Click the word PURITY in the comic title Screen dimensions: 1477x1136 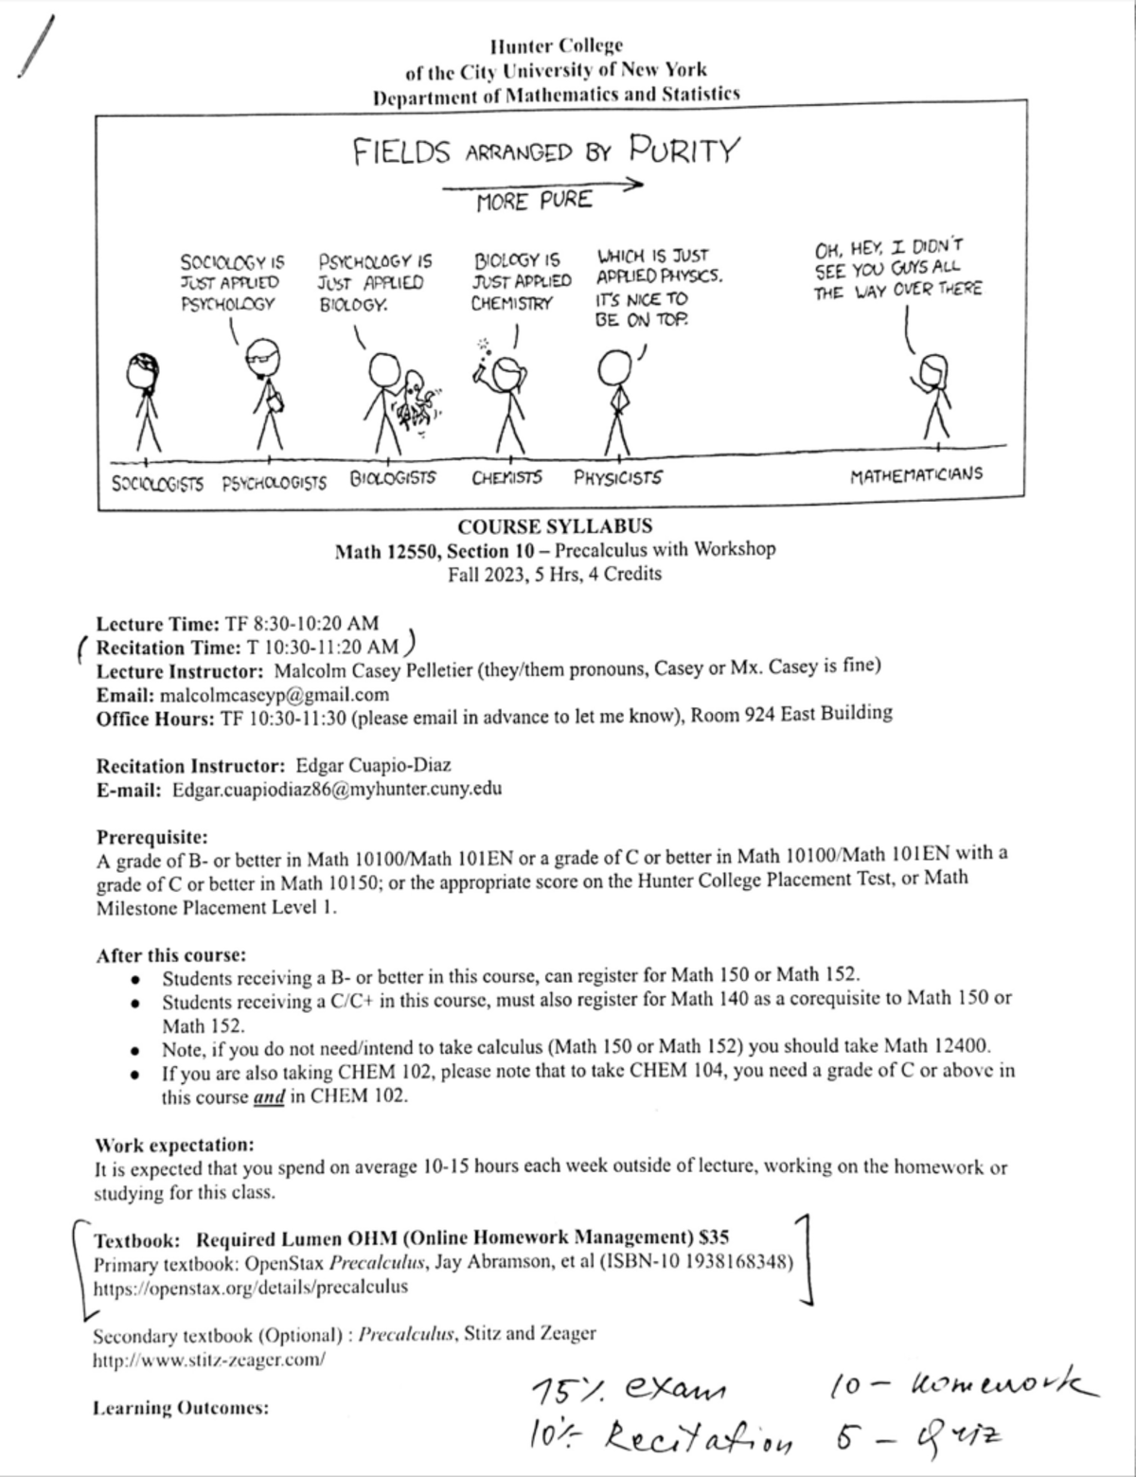684,151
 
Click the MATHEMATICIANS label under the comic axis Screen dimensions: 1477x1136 915,474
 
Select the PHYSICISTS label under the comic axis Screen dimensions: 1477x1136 618,478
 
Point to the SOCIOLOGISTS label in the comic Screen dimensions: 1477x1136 157,484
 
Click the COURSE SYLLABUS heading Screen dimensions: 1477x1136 555,526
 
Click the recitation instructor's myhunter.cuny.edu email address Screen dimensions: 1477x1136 337,789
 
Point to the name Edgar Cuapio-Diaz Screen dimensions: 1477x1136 373,765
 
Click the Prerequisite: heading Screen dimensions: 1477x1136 151,837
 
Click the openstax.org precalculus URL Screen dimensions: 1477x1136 251,1287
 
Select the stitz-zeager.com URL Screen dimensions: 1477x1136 209,1360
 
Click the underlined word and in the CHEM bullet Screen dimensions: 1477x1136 270,1097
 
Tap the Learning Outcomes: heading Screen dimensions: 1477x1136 181,1408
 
